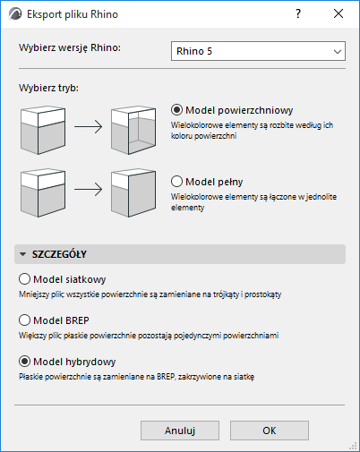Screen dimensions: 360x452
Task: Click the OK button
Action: [x=270, y=431]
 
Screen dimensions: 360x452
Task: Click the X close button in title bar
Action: [x=339, y=13]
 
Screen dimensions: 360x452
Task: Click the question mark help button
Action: [x=298, y=13]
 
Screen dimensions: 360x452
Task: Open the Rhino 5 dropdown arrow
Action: [x=338, y=51]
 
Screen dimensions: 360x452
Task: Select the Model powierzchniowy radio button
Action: [x=176, y=110]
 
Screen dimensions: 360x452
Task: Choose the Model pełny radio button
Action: [x=176, y=182]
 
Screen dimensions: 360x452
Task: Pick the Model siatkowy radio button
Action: [x=24, y=279]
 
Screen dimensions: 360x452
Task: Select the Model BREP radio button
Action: [x=24, y=320]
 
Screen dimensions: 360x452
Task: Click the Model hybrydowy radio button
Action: [x=24, y=362]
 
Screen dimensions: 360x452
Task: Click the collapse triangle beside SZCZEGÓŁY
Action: [x=22, y=254]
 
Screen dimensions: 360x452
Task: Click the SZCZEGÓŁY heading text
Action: [x=59, y=254]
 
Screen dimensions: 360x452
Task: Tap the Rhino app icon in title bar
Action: [x=15, y=14]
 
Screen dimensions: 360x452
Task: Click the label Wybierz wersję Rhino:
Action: [x=70, y=47]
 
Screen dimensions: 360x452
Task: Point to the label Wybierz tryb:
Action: [x=48, y=88]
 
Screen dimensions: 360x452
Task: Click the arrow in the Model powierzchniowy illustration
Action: [x=89, y=127]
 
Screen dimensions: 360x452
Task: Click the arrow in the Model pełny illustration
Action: [x=89, y=190]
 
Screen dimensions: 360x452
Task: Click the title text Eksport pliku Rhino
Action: [x=73, y=14]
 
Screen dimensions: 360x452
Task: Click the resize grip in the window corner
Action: [x=353, y=446]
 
